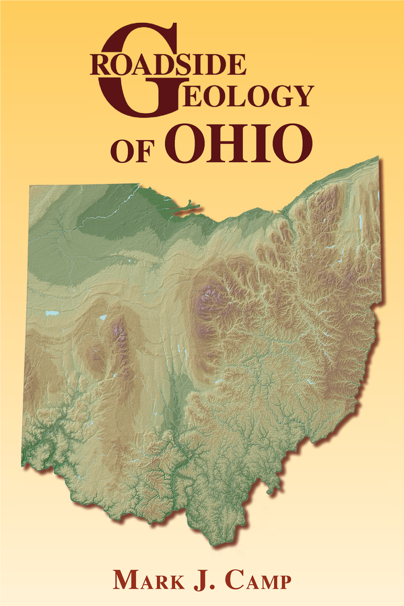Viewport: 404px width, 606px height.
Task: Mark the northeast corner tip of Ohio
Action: pos(378,159)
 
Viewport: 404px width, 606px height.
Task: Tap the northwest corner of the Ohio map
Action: pos(30,185)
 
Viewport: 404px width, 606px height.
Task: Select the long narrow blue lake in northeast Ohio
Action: pos(360,221)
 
